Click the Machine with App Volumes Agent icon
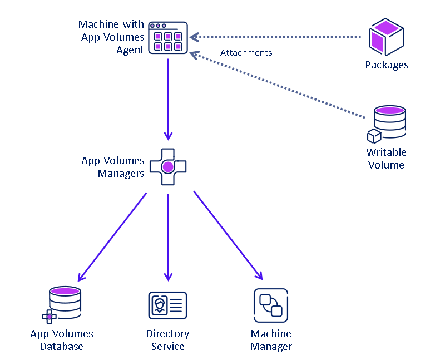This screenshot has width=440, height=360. pos(168,38)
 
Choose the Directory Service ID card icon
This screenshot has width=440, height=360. pos(167,305)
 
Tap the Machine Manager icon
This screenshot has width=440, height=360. pos(270,305)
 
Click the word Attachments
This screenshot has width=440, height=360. pos(246,53)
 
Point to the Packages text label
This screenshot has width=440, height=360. pos(387,65)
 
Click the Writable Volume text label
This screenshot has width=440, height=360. pos(386,159)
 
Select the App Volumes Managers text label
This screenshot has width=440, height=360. pos(113,167)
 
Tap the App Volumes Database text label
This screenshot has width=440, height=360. pos(62,340)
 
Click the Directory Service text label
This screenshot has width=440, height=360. pos(167,340)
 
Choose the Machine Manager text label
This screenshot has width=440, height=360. pos(271,340)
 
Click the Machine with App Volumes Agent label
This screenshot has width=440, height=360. pos(112,37)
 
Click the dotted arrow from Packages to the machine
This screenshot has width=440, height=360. pos(278,37)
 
